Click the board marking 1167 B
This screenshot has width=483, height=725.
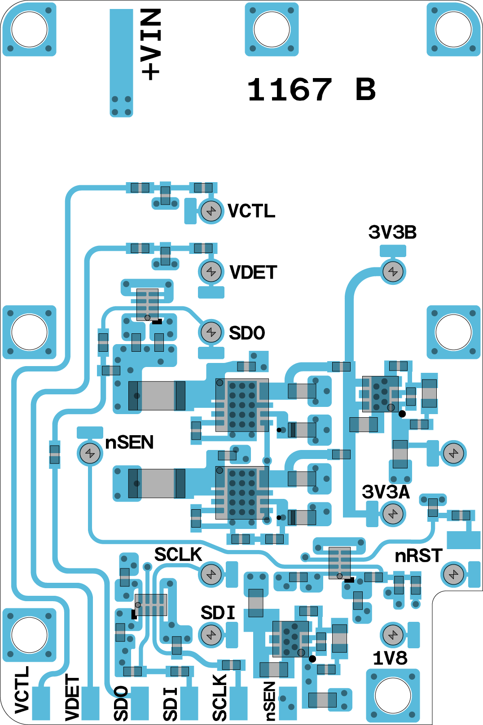click(311, 89)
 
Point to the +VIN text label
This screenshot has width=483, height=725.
click(151, 44)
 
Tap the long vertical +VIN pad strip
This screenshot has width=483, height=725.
click(121, 62)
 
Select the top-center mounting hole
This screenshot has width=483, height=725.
click(272, 29)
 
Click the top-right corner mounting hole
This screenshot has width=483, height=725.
click(453, 29)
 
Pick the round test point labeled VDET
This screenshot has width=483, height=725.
click(211, 271)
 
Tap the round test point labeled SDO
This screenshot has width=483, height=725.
click(211, 332)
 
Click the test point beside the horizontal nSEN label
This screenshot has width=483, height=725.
click(90, 454)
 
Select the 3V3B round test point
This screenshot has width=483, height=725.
click(393, 271)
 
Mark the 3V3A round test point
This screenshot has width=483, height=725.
click(393, 514)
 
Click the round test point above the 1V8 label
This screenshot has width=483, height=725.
click(393, 635)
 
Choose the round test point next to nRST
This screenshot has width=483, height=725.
click(454, 574)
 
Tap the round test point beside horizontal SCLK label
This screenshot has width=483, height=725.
click(211, 574)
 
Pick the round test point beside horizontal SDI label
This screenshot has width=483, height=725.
click(211, 635)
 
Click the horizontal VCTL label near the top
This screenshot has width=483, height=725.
click(251, 211)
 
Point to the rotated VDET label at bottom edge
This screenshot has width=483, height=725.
click(72, 698)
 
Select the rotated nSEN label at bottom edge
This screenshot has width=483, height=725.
click(269, 701)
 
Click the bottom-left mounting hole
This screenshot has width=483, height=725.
click(29, 635)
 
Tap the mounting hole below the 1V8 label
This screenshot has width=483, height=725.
click(393, 695)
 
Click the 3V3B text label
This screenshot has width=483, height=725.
click(392, 232)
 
